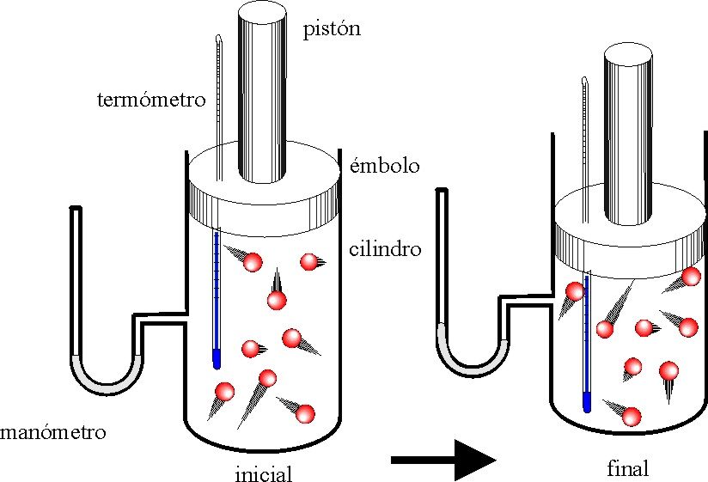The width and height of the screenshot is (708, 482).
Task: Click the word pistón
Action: tap(331, 30)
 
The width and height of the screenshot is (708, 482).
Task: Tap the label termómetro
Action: tap(151, 100)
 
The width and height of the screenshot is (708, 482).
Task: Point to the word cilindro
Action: tap(385, 250)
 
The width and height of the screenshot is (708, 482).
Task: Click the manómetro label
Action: tap(53, 432)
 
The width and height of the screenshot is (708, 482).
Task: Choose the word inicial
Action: tap(264, 473)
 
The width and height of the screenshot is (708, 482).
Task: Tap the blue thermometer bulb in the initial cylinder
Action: tap(217, 357)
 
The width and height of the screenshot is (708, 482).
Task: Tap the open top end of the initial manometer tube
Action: tap(76, 208)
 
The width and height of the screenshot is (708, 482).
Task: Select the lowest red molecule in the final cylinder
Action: tap(632, 418)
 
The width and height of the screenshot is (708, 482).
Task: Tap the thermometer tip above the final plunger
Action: tap(585, 82)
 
